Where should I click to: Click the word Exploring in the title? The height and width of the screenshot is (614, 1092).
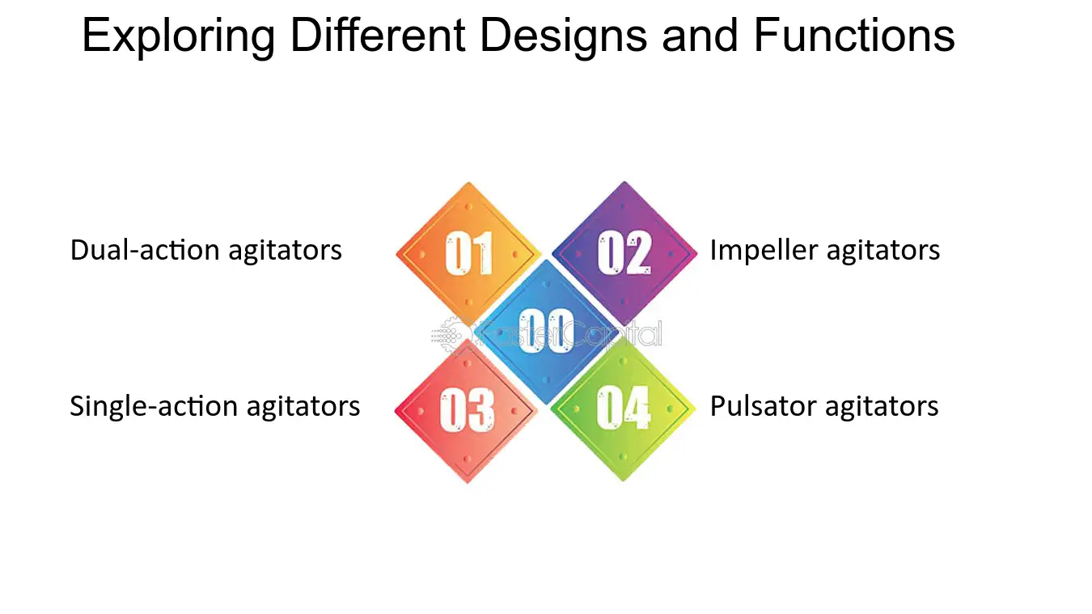(x=179, y=36)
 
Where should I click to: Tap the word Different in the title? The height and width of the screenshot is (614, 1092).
(x=378, y=35)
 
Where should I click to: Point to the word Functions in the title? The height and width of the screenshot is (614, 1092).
(x=854, y=35)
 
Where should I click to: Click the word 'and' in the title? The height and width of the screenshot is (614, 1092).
(x=700, y=35)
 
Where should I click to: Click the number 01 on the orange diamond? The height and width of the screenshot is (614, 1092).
(x=469, y=252)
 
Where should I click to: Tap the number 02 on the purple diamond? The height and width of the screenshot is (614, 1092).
(x=624, y=252)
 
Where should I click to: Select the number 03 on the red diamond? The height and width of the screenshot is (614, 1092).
(x=467, y=409)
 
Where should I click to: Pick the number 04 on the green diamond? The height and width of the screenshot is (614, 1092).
(x=624, y=408)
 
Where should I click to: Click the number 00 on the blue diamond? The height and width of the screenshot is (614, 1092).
(x=546, y=331)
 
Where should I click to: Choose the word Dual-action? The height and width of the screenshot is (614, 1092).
(x=145, y=250)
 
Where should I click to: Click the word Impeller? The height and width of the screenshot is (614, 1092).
(x=764, y=251)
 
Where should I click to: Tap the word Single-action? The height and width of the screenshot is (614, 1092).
(x=154, y=407)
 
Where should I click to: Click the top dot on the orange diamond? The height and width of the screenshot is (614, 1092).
(x=468, y=207)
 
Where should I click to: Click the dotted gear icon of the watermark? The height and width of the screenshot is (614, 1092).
(x=447, y=335)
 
